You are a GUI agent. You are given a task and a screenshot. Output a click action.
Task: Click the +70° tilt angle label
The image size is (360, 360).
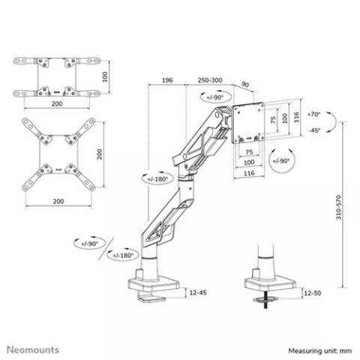(x=313, y=115)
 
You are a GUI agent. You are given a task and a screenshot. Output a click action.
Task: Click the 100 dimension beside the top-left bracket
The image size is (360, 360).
(x=106, y=76)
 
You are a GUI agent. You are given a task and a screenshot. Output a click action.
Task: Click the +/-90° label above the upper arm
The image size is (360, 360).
(x=212, y=97)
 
